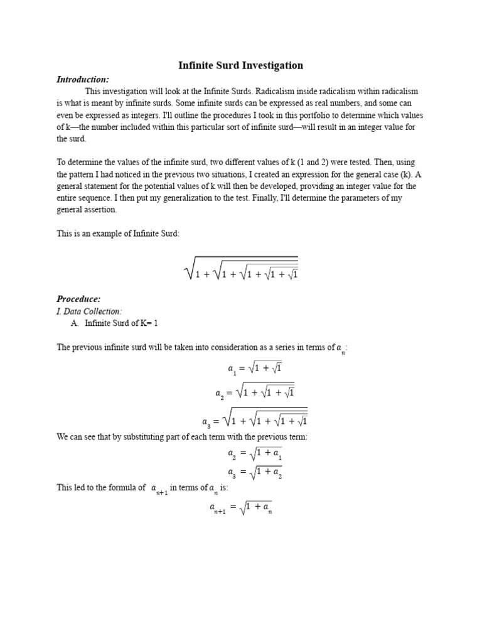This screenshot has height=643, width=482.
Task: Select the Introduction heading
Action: (83, 79)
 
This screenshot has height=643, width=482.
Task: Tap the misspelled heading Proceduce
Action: (78, 299)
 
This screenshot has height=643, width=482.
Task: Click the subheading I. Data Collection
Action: (88, 311)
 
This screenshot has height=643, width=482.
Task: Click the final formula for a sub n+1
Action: (241, 507)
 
